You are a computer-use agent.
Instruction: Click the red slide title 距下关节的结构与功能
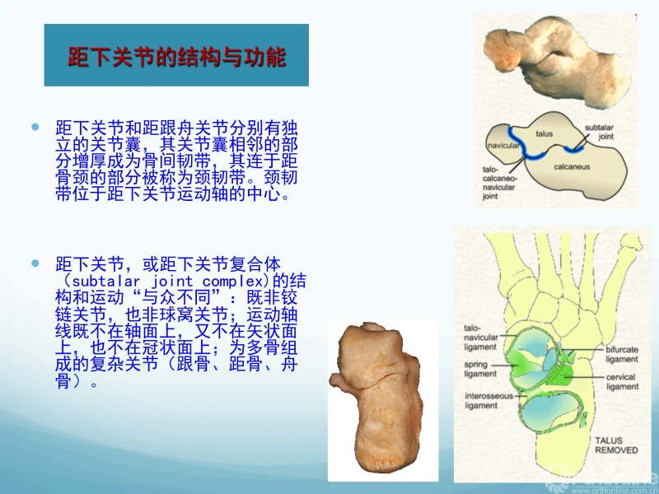click(x=177, y=57)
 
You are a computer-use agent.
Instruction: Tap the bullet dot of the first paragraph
click(x=35, y=127)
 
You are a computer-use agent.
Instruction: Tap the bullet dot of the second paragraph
click(x=35, y=263)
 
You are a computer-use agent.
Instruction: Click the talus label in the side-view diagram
click(x=544, y=133)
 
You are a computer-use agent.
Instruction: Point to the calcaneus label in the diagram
click(x=572, y=167)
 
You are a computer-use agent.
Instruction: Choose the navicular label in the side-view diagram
click(x=503, y=146)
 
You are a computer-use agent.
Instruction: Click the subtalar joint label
click(x=600, y=132)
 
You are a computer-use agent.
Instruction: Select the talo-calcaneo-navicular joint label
click(x=499, y=183)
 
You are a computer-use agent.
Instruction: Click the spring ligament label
click(x=480, y=369)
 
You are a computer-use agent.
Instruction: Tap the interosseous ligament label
click(x=488, y=401)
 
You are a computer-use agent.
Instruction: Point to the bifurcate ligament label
click(x=622, y=354)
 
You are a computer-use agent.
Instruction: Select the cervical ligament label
click(x=623, y=381)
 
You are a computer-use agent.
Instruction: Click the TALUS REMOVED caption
click(x=616, y=445)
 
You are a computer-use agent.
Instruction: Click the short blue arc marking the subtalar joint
click(x=574, y=149)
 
